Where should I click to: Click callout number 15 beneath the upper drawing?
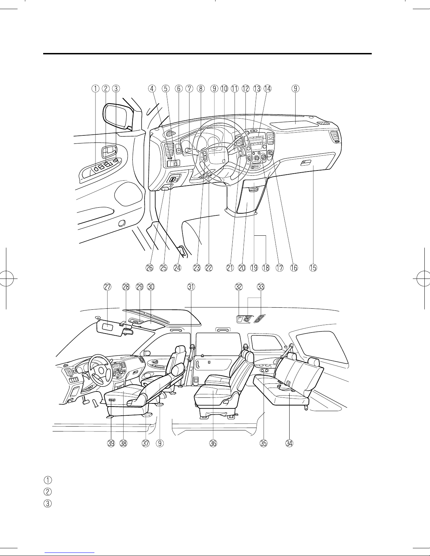coord(313,268)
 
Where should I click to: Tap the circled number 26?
coord(150,268)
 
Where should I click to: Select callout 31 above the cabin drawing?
coord(191,287)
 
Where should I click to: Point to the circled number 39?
coord(111,443)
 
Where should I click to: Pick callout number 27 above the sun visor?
coord(107,287)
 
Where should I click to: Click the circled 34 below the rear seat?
coord(289,443)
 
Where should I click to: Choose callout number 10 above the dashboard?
coord(224,88)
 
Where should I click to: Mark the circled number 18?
coord(266,268)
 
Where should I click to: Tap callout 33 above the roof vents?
coord(261,287)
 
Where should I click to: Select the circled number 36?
coord(213,443)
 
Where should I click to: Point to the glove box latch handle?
coord(306,162)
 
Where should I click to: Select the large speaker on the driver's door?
coord(128,193)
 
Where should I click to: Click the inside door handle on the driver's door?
coord(109,152)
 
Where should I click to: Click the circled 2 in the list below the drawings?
coord(48,491)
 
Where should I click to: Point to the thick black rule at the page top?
coord(207,54)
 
